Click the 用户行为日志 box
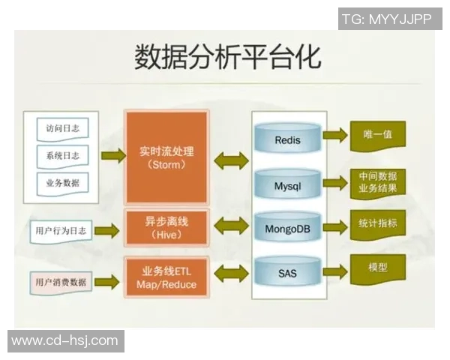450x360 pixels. pyautogui.click(x=61, y=231)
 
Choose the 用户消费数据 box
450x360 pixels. pyautogui.click(x=61, y=282)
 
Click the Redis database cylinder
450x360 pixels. pyautogui.click(x=287, y=139)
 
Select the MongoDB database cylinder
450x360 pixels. pyautogui.click(x=287, y=228)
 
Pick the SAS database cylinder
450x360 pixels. pyautogui.click(x=287, y=273)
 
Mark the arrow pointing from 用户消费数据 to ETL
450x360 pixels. pyautogui.click(x=107, y=282)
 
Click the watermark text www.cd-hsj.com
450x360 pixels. pyautogui.click(x=65, y=341)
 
